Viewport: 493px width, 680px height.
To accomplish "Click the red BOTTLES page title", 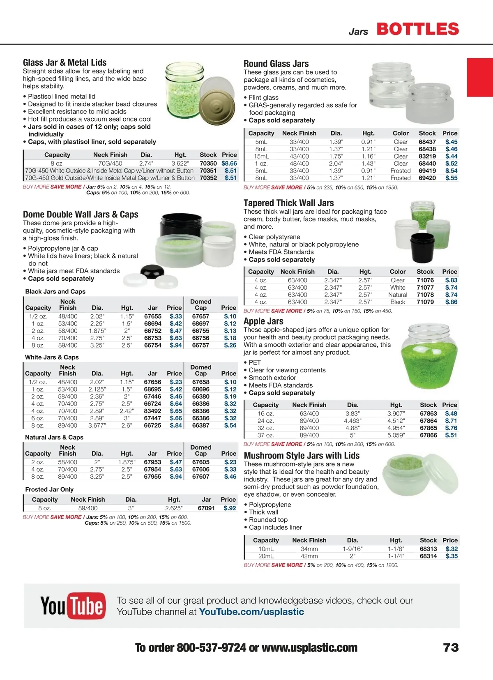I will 417,29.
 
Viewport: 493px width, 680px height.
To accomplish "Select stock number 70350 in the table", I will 208,163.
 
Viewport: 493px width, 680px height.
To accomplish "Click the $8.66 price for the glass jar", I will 229,163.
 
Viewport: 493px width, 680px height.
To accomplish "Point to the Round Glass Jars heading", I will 276,64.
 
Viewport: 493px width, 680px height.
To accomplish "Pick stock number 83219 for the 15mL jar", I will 427,156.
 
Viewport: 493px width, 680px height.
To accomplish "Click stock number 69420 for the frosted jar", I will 427,178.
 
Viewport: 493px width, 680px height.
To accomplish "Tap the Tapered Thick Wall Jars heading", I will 288,203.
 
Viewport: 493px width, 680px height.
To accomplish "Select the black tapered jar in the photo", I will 422,248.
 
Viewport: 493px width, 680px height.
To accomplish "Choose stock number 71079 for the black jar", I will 425,302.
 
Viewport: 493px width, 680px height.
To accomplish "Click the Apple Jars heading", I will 263,321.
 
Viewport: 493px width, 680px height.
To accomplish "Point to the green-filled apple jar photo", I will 429,356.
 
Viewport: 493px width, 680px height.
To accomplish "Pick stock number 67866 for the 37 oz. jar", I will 428,435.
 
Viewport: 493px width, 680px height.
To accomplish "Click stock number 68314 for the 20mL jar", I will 428,556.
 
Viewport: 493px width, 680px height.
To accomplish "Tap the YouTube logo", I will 73,606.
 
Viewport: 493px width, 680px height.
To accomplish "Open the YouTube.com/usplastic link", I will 251,612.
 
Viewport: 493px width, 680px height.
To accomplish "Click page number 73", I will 451,648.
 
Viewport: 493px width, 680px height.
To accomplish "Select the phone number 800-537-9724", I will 211,648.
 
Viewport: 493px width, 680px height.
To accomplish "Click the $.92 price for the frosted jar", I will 230,508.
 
